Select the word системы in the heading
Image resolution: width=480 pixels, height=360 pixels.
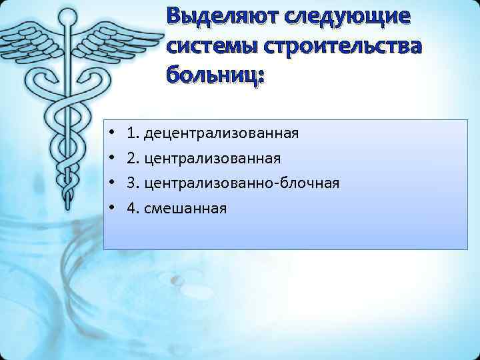tap(213, 47)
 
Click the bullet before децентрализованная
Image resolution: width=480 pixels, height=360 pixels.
tap(115, 133)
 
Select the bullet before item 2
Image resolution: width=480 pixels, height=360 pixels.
tap(115, 159)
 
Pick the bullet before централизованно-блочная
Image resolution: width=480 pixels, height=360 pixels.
tap(115, 183)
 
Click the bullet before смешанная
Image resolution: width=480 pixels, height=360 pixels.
tap(115, 209)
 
